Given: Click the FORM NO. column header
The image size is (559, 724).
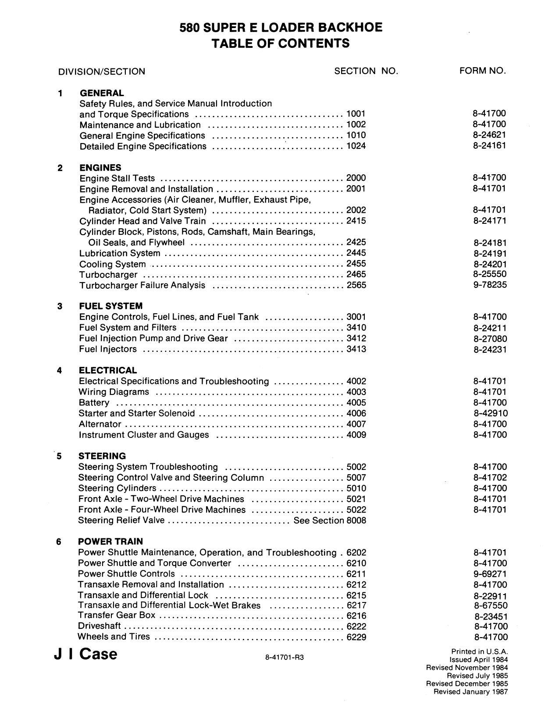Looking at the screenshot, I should point(482,71).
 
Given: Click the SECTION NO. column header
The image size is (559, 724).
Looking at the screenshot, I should point(366,71).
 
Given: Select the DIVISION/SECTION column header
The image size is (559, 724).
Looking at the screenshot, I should point(101,72).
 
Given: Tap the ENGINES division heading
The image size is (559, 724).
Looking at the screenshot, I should point(100,168).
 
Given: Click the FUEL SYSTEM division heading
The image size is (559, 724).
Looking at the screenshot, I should point(110,306).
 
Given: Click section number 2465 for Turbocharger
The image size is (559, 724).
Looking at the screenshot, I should point(356,275).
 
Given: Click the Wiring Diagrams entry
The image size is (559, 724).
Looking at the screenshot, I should point(114,392).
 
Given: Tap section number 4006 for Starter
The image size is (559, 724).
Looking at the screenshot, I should point(356,413).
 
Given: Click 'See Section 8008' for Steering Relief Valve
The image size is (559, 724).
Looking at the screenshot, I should point(330,520).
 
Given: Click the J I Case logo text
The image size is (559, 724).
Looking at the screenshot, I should point(85,654).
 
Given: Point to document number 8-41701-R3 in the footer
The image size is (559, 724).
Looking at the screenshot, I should point(284,657).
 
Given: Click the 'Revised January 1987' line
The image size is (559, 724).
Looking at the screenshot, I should point(470,692).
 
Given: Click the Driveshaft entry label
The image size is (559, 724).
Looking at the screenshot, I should point(99,626).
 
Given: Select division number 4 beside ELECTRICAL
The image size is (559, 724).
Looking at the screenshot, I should point(59,370).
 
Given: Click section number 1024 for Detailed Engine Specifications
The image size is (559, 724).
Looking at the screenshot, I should point(356,146).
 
